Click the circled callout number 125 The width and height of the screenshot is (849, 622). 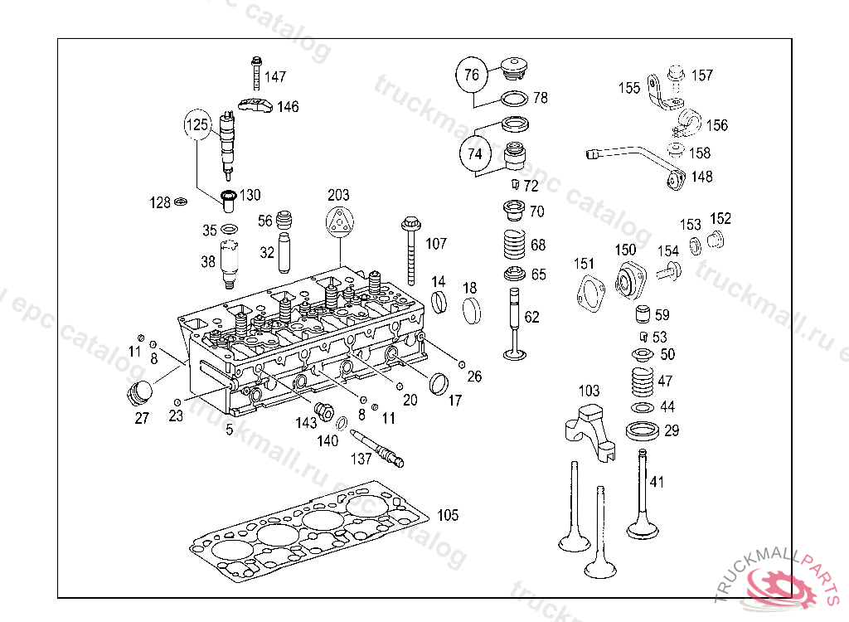pyautogui.click(x=197, y=125)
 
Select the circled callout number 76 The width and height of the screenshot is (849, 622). pyautogui.click(x=471, y=75)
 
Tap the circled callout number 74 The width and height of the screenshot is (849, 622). pyautogui.click(x=474, y=154)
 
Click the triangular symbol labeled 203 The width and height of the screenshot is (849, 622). pyautogui.click(x=338, y=221)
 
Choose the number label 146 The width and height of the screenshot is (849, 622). pyautogui.click(x=288, y=107)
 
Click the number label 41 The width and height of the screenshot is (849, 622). pyautogui.click(x=657, y=481)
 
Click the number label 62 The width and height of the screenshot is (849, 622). pyautogui.click(x=531, y=317)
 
